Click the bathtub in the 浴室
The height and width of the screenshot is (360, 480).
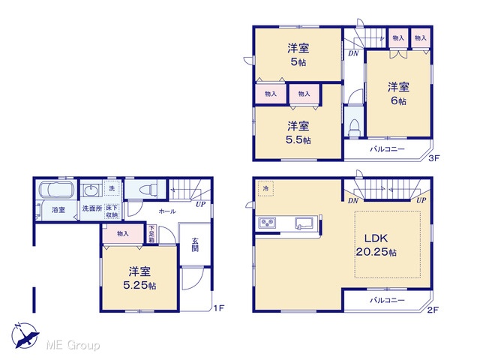pyautogui.click(x=57, y=190)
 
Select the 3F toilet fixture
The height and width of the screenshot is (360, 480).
pyautogui.click(x=355, y=128)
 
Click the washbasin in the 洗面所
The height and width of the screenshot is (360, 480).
pyautogui.click(x=90, y=190)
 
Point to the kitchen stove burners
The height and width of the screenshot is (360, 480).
pyautogui.click(x=267, y=223)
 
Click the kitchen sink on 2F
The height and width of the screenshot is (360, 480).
pyautogui.click(x=304, y=223)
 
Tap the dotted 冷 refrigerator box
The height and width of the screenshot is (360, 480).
pyautogui.click(x=265, y=188)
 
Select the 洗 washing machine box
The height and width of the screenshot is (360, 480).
pyautogui.click(x=112, y=188)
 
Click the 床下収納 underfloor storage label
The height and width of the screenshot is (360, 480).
pyautogui.click(x=112, y=211)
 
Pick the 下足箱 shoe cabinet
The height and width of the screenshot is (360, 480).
pyautogui.click(x=151, y=234)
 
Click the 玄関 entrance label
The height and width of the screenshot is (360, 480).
pyautogui.click(x=195, y=244)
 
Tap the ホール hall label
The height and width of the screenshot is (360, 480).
pyautogui.click(x=167, y=211)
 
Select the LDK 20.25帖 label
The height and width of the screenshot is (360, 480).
pyautogui.click(x=376, y=245)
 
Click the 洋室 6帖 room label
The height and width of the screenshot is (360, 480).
pyautogui.click(x=398, y=94)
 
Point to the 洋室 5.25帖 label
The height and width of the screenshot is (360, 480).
pyautogui.click(x=139, y=278)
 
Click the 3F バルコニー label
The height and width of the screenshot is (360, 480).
pyautogui.click(x=387, y=149)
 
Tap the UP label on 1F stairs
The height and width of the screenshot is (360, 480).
pyautogui.click(x=201, y=204)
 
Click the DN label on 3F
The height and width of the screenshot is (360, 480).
pyautogui.click(x=353, y=53)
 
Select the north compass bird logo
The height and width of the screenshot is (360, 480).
pyautogui.click(x=25, y=335)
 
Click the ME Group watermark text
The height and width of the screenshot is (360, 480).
pyautogui.click(x=73, y=345)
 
